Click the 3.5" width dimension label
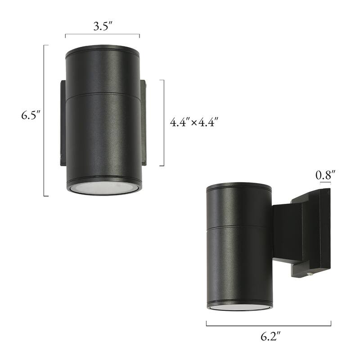click(x=103, y=27)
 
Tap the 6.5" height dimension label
click(x=31, y=115)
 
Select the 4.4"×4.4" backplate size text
click(x=194, y=122)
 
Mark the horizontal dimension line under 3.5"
click(x=103, y=35)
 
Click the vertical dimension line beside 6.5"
click(x=44, y=121)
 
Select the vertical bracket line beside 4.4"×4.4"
click(x=163, y=123)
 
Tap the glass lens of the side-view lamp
click(x=240, y=307)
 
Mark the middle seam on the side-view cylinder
click(x=239, y=225)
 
